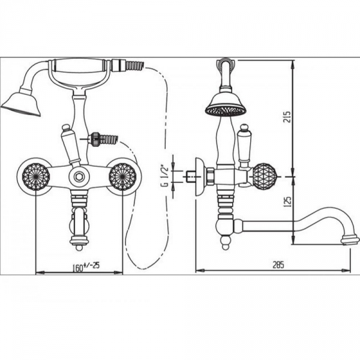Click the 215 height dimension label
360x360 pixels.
pyautogui.click(x=287, y=116)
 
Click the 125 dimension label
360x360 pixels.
pyautogui.click(x=287, y=202)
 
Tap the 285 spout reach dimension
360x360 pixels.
pyautogui.click(x=278, y=265)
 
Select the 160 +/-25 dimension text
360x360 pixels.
pyautogui.click(x=86, y=267)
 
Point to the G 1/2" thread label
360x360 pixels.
pyautogui.click(x=166, y=175)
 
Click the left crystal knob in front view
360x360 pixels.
pyautogui.click(x=36, y=176)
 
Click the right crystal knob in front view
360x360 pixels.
pyautogui.click(x=122, y=176)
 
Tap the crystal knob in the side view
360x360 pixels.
pyautogui.click(x=264, y=176)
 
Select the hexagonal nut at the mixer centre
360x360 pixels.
pyautogui.click(x=79, y=176)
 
